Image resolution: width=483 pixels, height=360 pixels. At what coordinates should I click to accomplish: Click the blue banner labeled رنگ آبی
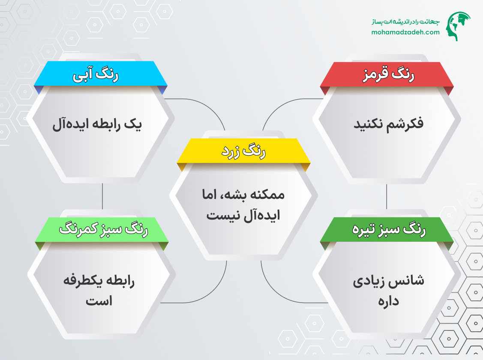(100, 74)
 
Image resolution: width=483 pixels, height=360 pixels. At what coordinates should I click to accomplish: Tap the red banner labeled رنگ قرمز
(387, 75)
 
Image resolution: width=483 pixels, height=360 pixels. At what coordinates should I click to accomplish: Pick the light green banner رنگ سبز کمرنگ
(102, 230)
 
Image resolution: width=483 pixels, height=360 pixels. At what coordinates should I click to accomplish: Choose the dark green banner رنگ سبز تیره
(387, 230)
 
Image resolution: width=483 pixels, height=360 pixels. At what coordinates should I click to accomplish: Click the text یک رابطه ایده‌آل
(97, 124)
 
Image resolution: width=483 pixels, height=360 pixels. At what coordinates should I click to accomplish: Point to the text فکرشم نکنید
(388, 124)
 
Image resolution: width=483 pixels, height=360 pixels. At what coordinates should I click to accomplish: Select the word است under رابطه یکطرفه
(99, 301)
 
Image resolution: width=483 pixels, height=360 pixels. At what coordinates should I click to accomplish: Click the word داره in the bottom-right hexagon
(389, 301)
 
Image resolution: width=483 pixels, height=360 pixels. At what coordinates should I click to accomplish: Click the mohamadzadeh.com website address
(405, 32)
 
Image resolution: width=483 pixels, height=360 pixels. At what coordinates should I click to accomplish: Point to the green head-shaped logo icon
(458, 26)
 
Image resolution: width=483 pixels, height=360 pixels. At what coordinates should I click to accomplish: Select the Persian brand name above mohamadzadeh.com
(405, 21)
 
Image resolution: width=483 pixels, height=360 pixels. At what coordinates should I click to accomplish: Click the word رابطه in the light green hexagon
(121, 281)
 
